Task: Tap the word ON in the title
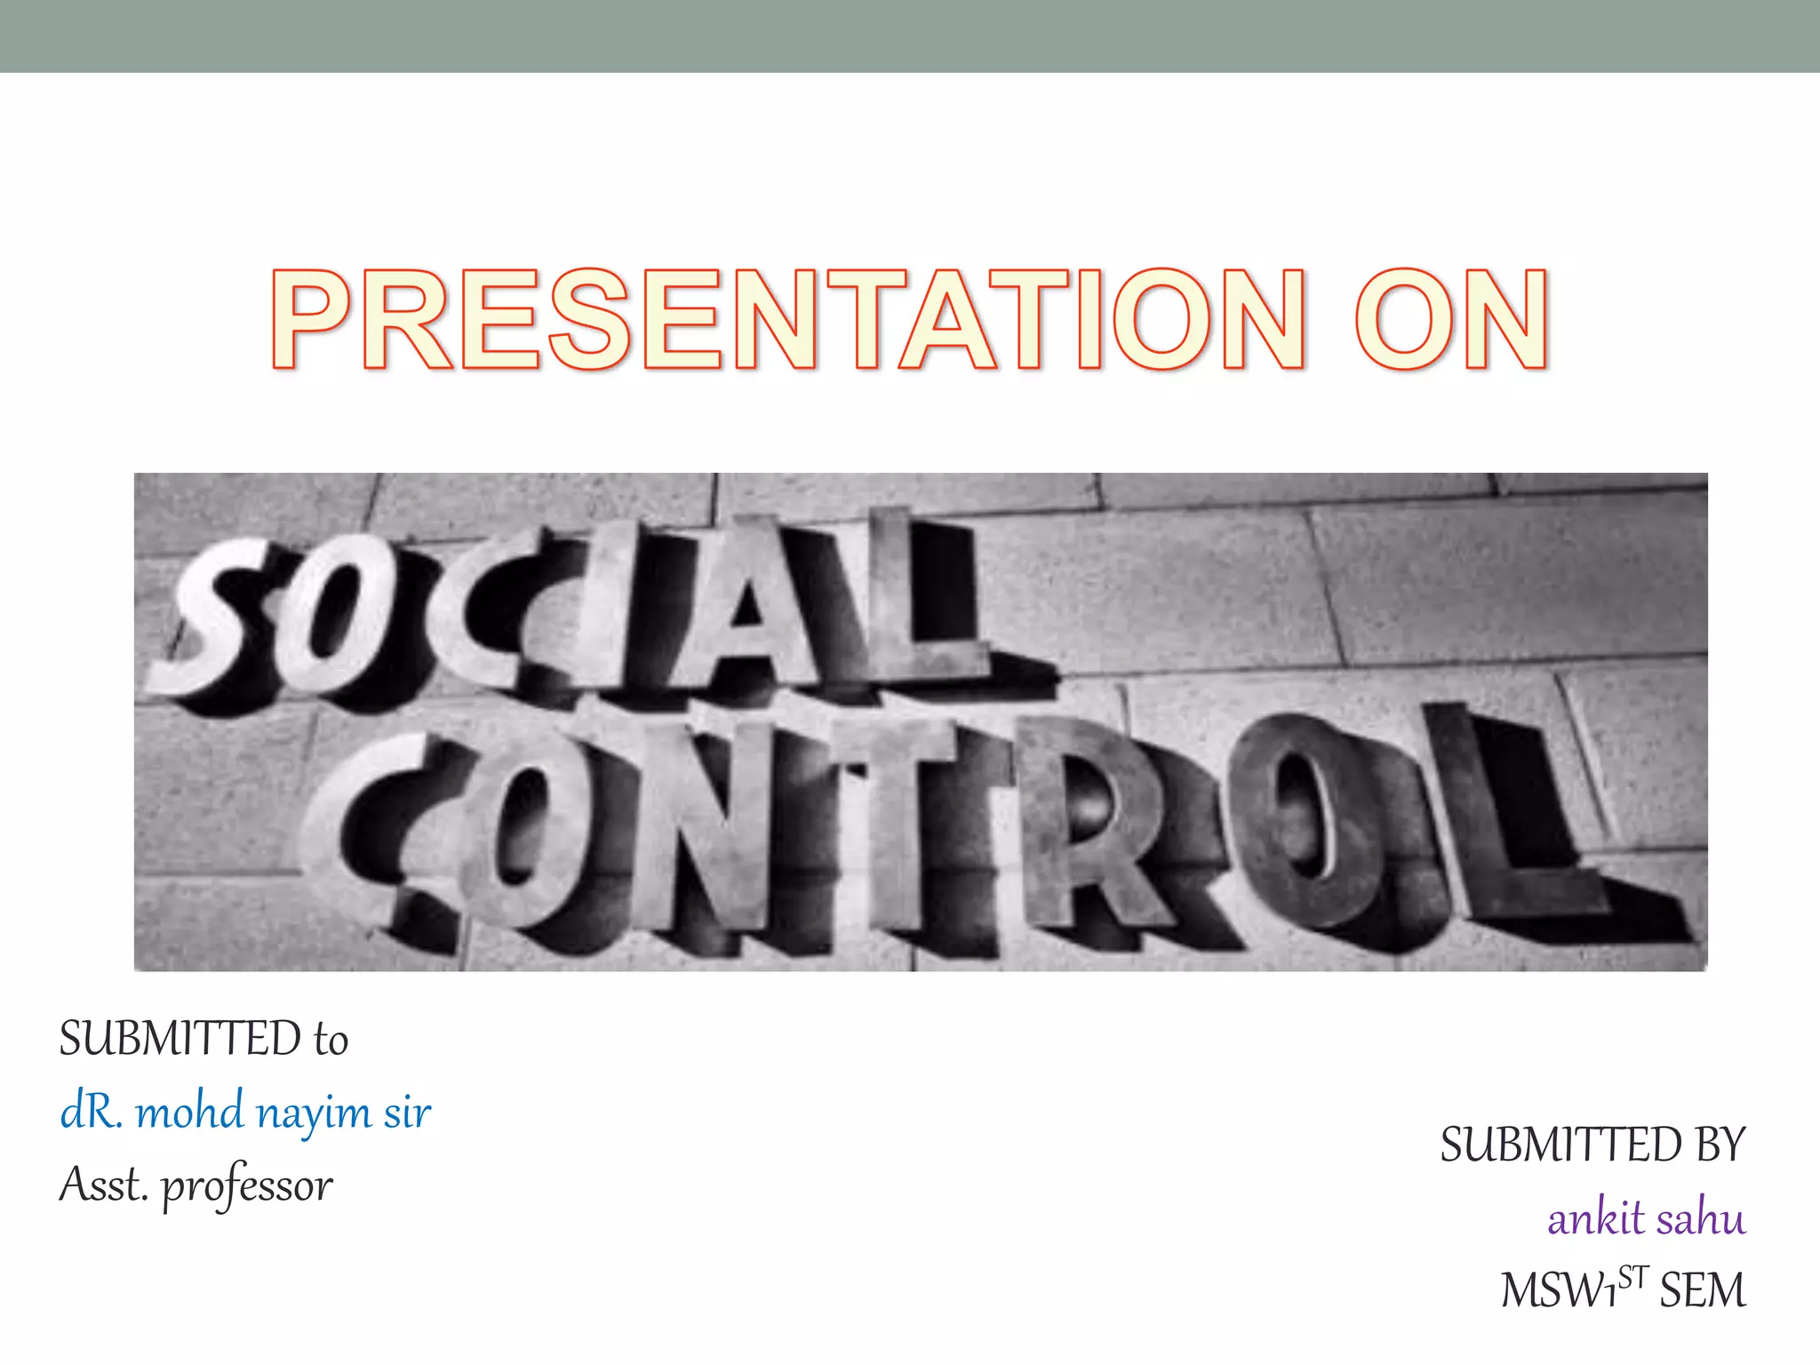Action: click(1452, 320)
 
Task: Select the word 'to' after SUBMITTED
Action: click(331, 1041)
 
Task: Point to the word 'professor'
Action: click(247, 1186)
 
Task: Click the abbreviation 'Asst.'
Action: click(103, 1185)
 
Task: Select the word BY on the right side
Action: click(1720, 1145)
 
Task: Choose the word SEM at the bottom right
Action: click(1703, 1290)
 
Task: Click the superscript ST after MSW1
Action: click(1633, 1278)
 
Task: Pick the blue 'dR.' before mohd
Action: click(91, 1112)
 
